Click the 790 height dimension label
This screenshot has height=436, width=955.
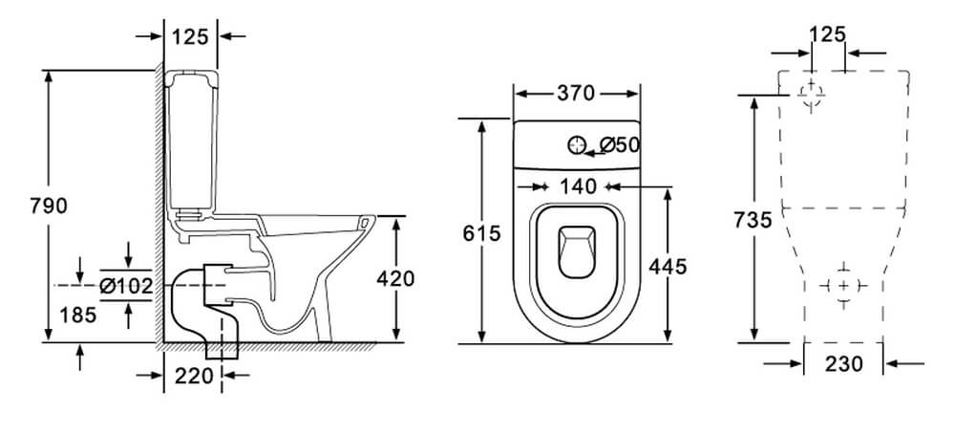[x=48, y=207]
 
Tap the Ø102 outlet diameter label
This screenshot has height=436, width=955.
[x=126, y=285]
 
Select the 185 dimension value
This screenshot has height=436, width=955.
[x=78, y=315]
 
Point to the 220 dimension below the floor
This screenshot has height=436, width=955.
[x=194, y=376]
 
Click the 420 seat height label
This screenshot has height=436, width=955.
[x=395, y=278]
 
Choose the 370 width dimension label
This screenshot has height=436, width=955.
[x=576, y=94]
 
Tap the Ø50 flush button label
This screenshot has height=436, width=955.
[x=620, y=145]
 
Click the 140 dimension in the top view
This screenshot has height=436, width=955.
[x=578, y=186]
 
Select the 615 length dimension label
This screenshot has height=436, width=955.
[x=481, y=233]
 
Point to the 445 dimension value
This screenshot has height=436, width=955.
[x=668, y=267]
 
